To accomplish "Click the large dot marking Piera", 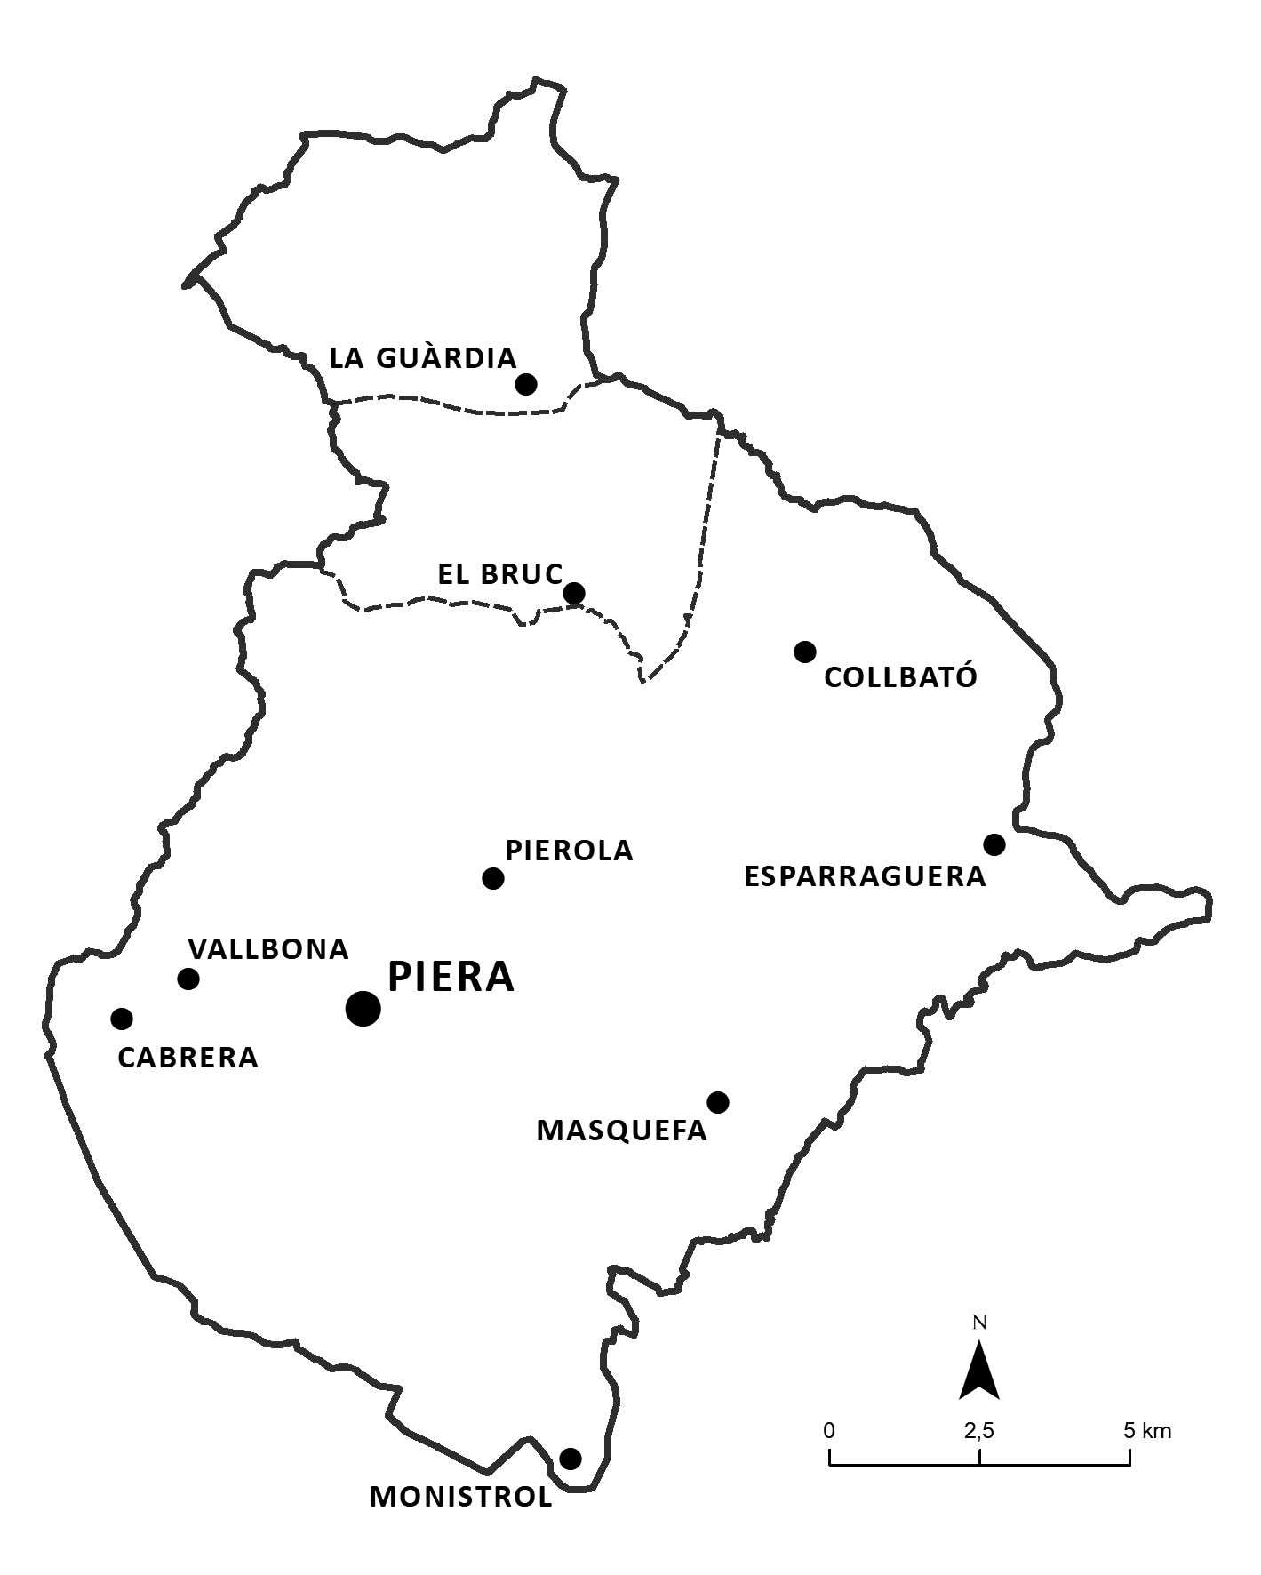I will pyautogui.click(x=363, y=1008).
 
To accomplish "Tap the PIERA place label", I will pyautogui.click(x=451, y=977).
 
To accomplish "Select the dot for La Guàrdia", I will pyautogui.click(x=526, y=384).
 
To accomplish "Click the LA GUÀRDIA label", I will pyautogui.click(x=422, y=358).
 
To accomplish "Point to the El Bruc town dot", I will pyautogui.click(x=574, y=592).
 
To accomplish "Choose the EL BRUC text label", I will pyautogui.click(x=499, y=574).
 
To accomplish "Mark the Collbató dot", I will pyautogui.click(x=804, y=652).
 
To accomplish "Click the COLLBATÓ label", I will pyautogui.click(x=900, y=678).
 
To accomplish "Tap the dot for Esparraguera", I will pyautogui.click(x=994, y=843).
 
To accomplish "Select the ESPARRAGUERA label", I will pyautogui.click(x=865, y=877).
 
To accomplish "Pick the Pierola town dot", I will pyautogui.click(x=493, y=878).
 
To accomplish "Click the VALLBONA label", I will pyautogui.click(x=268, y=949).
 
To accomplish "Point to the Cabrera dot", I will pyautogui.click(x=122, y=1018).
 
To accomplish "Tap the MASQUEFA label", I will pyautogui.click(x=621, y=1131).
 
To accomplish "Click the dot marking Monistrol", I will pyautogui.click(x=571, y=1459).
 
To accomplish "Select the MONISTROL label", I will pyautogui.click(x=460, y=1497).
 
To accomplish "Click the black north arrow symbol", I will pyautogui.click(x=979, y=1370).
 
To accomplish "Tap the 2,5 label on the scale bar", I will pyautogui.click(x=979, y=1431).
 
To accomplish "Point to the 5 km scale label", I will pyautogui.click(x=1147, y=1431).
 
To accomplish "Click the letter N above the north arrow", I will pyautogui.click(x=979, y=1322).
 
